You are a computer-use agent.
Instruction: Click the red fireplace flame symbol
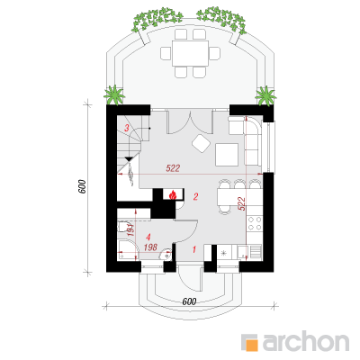(x=173, y=195)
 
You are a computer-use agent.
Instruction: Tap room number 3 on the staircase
(x=127, y=128)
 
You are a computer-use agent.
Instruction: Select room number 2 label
(x=195, y=197)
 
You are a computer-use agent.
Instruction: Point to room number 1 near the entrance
(x=194, y=249)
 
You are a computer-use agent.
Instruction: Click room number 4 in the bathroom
(x=148, y=238)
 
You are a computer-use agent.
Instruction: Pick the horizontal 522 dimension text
(x=173, y=168)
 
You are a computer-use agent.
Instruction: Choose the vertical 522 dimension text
(x=242, y=203)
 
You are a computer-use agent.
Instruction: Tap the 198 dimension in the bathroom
(x=150, y=247)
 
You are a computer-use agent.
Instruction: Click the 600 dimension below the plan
(x=189, y=301)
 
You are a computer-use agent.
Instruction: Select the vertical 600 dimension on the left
(x=82, y=186)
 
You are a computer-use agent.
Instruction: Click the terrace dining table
(x=190, y=53)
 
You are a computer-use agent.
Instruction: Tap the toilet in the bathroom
(x=122, y=227)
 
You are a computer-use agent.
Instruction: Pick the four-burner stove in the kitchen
(x=255, y=223)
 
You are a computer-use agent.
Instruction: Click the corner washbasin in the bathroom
(x=166, y=255)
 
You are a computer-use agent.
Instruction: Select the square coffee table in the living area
(x=227, y=155)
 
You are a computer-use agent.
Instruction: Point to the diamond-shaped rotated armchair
(x=201, y=143)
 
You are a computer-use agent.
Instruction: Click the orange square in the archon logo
(x=252, y=345)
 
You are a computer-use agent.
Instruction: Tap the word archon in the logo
(x=306, y=340)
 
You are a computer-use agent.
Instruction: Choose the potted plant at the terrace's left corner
(x=114, y=95)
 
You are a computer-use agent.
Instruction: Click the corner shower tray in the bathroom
(x=127, y=250)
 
